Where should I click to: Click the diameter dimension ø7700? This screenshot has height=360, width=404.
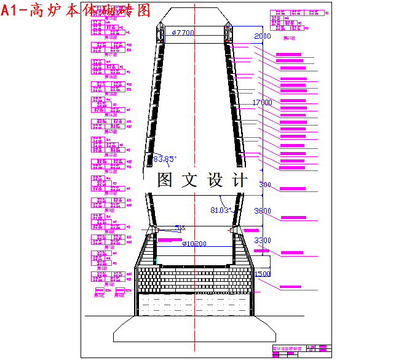[x=183, y=33]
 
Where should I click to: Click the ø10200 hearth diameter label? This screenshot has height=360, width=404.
[x=194, y=244]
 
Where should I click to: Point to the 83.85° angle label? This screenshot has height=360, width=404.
[x=165, y=159]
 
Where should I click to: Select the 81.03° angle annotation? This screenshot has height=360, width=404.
[x=220, y=210]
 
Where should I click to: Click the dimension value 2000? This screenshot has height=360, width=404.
[x=262, y=36]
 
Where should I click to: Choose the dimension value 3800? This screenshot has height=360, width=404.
[x=262, y=211]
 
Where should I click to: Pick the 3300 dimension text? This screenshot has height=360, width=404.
[x=262, y=240]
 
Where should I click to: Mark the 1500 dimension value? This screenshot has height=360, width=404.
[x=262, y=274]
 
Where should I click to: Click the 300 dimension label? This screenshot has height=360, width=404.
[x=264, y=185]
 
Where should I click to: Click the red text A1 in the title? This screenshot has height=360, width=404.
[x=13, y=10]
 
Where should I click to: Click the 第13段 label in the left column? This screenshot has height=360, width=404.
[x=110, y=132]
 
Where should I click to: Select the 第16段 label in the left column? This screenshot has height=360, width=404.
[x=110, y=76]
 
